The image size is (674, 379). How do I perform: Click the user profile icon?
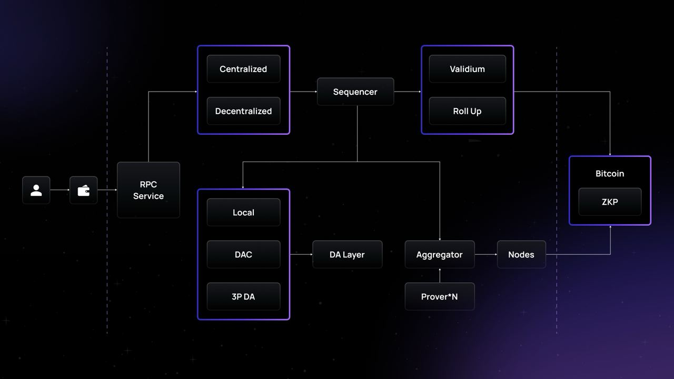(x=36, y=190)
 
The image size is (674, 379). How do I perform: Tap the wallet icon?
(x=84, y=190)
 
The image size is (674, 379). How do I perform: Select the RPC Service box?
(x=148, y=190)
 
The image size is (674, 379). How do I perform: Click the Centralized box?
(x=243, y=69)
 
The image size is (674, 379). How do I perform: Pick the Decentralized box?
(x=243, y=111)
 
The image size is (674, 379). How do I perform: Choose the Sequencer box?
(x=355, y=92)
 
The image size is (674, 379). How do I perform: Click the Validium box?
(x=468, y=69)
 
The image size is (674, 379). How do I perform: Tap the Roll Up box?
(x=468, y=111)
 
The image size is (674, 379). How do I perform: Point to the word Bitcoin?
(x=610, y=173)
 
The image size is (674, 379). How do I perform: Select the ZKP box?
(x=610, y=202)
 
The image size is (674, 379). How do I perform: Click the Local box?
(x=243, y=212)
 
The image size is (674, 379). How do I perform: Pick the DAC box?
(x=243, y=254)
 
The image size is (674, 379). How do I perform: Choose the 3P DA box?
(x=243, y=296)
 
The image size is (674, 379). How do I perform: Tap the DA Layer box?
(x=348, y=254)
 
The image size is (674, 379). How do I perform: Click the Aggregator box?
(x=440, y=254)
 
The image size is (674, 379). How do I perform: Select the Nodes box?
(x=521, y=254)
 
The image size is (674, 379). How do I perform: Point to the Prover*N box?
(x=440, y=296)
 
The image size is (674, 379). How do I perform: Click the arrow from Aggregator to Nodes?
(x=486, y=254)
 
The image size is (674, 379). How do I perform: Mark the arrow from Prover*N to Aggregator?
(x=440, y=275)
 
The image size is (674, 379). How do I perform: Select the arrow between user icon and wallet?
(x=60, y=190)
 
